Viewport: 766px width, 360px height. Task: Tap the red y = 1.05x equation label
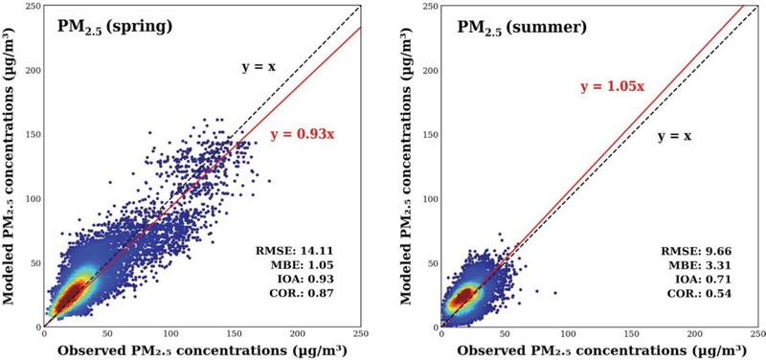point(613,87)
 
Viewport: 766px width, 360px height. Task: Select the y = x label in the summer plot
point(674,136)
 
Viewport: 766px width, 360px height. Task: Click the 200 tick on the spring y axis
point(32,70)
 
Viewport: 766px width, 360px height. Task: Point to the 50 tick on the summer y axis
point(431,260)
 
